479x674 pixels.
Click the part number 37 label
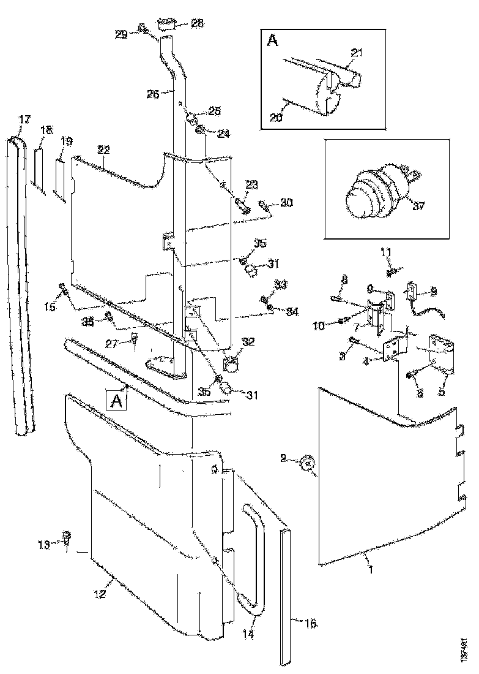418,206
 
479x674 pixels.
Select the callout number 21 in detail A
357,53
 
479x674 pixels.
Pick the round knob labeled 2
307,464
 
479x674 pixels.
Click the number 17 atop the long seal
24,119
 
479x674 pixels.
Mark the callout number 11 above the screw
385,251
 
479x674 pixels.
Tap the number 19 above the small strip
67,142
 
